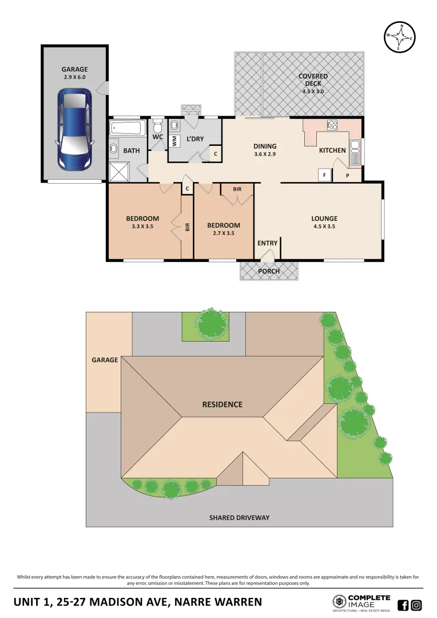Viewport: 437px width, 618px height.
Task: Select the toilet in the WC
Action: pyautogui.click(x=158, y=125)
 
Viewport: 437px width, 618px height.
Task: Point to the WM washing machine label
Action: pyautogui.click(x=174, y=141)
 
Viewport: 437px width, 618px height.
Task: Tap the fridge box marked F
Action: pyautogui.click(x=325, y=175)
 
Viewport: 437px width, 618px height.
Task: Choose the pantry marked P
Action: pyautogui.click(x=347, y=175)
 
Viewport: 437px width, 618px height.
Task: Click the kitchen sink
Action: pyautogui.click(x=355, y=152)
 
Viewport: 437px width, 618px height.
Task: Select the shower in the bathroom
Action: pyautogui.click(x=119, y=171)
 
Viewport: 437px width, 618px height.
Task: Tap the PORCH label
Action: pyautogui.click(x=268, y=271)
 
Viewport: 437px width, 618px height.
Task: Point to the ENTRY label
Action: pyautogui.click(x=267, y=243)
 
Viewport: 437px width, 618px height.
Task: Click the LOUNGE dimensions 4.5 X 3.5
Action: pyautogui.click(x=324, y=227)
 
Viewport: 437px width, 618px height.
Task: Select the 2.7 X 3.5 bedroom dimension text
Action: pyautogui.click(x=223, y=233)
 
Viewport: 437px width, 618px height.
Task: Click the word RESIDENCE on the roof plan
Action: pyautogui.click(x=222, y=404)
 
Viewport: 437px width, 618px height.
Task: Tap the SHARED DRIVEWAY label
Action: pyautogui.click(x=239, y=518)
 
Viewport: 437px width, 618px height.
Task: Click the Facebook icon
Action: pyautogui.click(x=403, y=605)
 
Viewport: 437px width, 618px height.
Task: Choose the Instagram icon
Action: pyautogui.click(x=417, y=605)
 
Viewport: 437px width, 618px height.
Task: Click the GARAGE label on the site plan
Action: pyautogui.click(x=105, y=360)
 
